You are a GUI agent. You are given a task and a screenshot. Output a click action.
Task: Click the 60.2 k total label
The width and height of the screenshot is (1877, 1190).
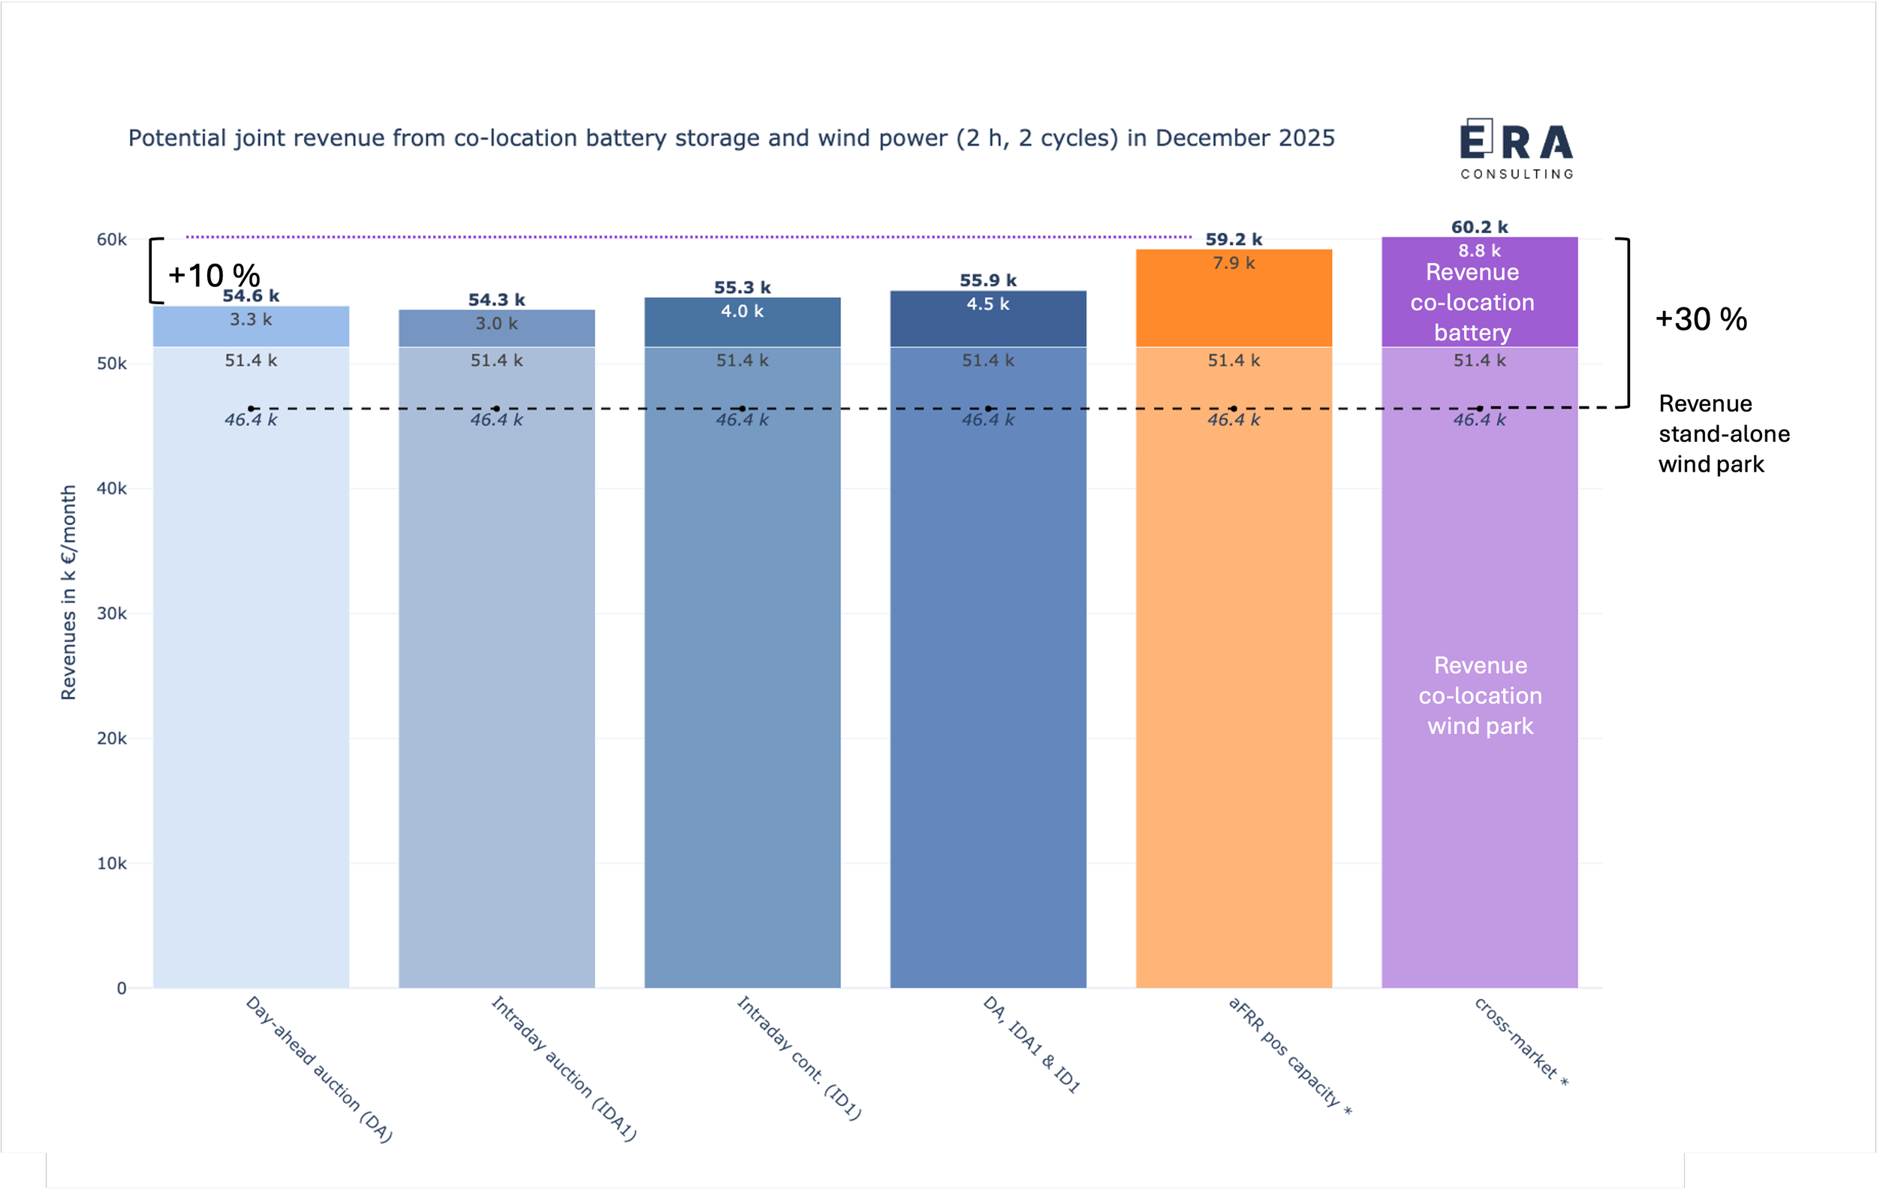pos(1478,227)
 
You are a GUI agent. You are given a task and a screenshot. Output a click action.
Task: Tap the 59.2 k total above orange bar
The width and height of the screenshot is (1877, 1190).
pos(1233,240)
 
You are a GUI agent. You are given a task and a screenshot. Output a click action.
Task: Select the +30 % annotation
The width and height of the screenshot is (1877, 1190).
pos(1701,319)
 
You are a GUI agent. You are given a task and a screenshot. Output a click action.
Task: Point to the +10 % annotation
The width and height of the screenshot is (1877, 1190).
pos(213,275)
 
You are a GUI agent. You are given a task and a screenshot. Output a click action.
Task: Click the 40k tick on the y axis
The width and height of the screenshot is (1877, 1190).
pos(111,489)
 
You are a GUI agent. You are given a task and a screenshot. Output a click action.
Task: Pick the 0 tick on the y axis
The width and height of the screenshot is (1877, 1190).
pos(122,988)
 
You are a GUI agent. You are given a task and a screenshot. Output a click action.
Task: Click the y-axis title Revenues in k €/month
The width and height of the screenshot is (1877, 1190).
pos(68,593)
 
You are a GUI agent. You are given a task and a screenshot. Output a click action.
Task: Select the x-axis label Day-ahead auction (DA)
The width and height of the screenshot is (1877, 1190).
pos(319,1069)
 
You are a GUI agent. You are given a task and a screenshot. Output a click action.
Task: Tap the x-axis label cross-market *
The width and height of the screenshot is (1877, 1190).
pos(1521,1042)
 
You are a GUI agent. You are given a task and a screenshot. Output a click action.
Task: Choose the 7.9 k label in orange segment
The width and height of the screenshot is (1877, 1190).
pos(1233,264)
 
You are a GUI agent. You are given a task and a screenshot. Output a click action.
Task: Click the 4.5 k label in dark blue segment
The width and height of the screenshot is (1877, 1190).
pos(987,304)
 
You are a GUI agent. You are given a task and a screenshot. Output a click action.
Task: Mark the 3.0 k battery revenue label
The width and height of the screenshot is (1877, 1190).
pos(496,324)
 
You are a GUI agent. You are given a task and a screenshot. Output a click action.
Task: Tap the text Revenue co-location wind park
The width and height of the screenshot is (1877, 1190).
pos(1480,696)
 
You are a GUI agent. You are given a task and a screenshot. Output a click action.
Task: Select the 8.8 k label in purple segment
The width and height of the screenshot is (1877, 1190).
pos(1478,251)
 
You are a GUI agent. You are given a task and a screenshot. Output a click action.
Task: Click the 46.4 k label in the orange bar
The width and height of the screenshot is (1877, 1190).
pos(1233,419)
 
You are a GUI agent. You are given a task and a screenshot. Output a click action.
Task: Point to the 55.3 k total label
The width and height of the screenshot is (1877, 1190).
pos(742,288)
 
